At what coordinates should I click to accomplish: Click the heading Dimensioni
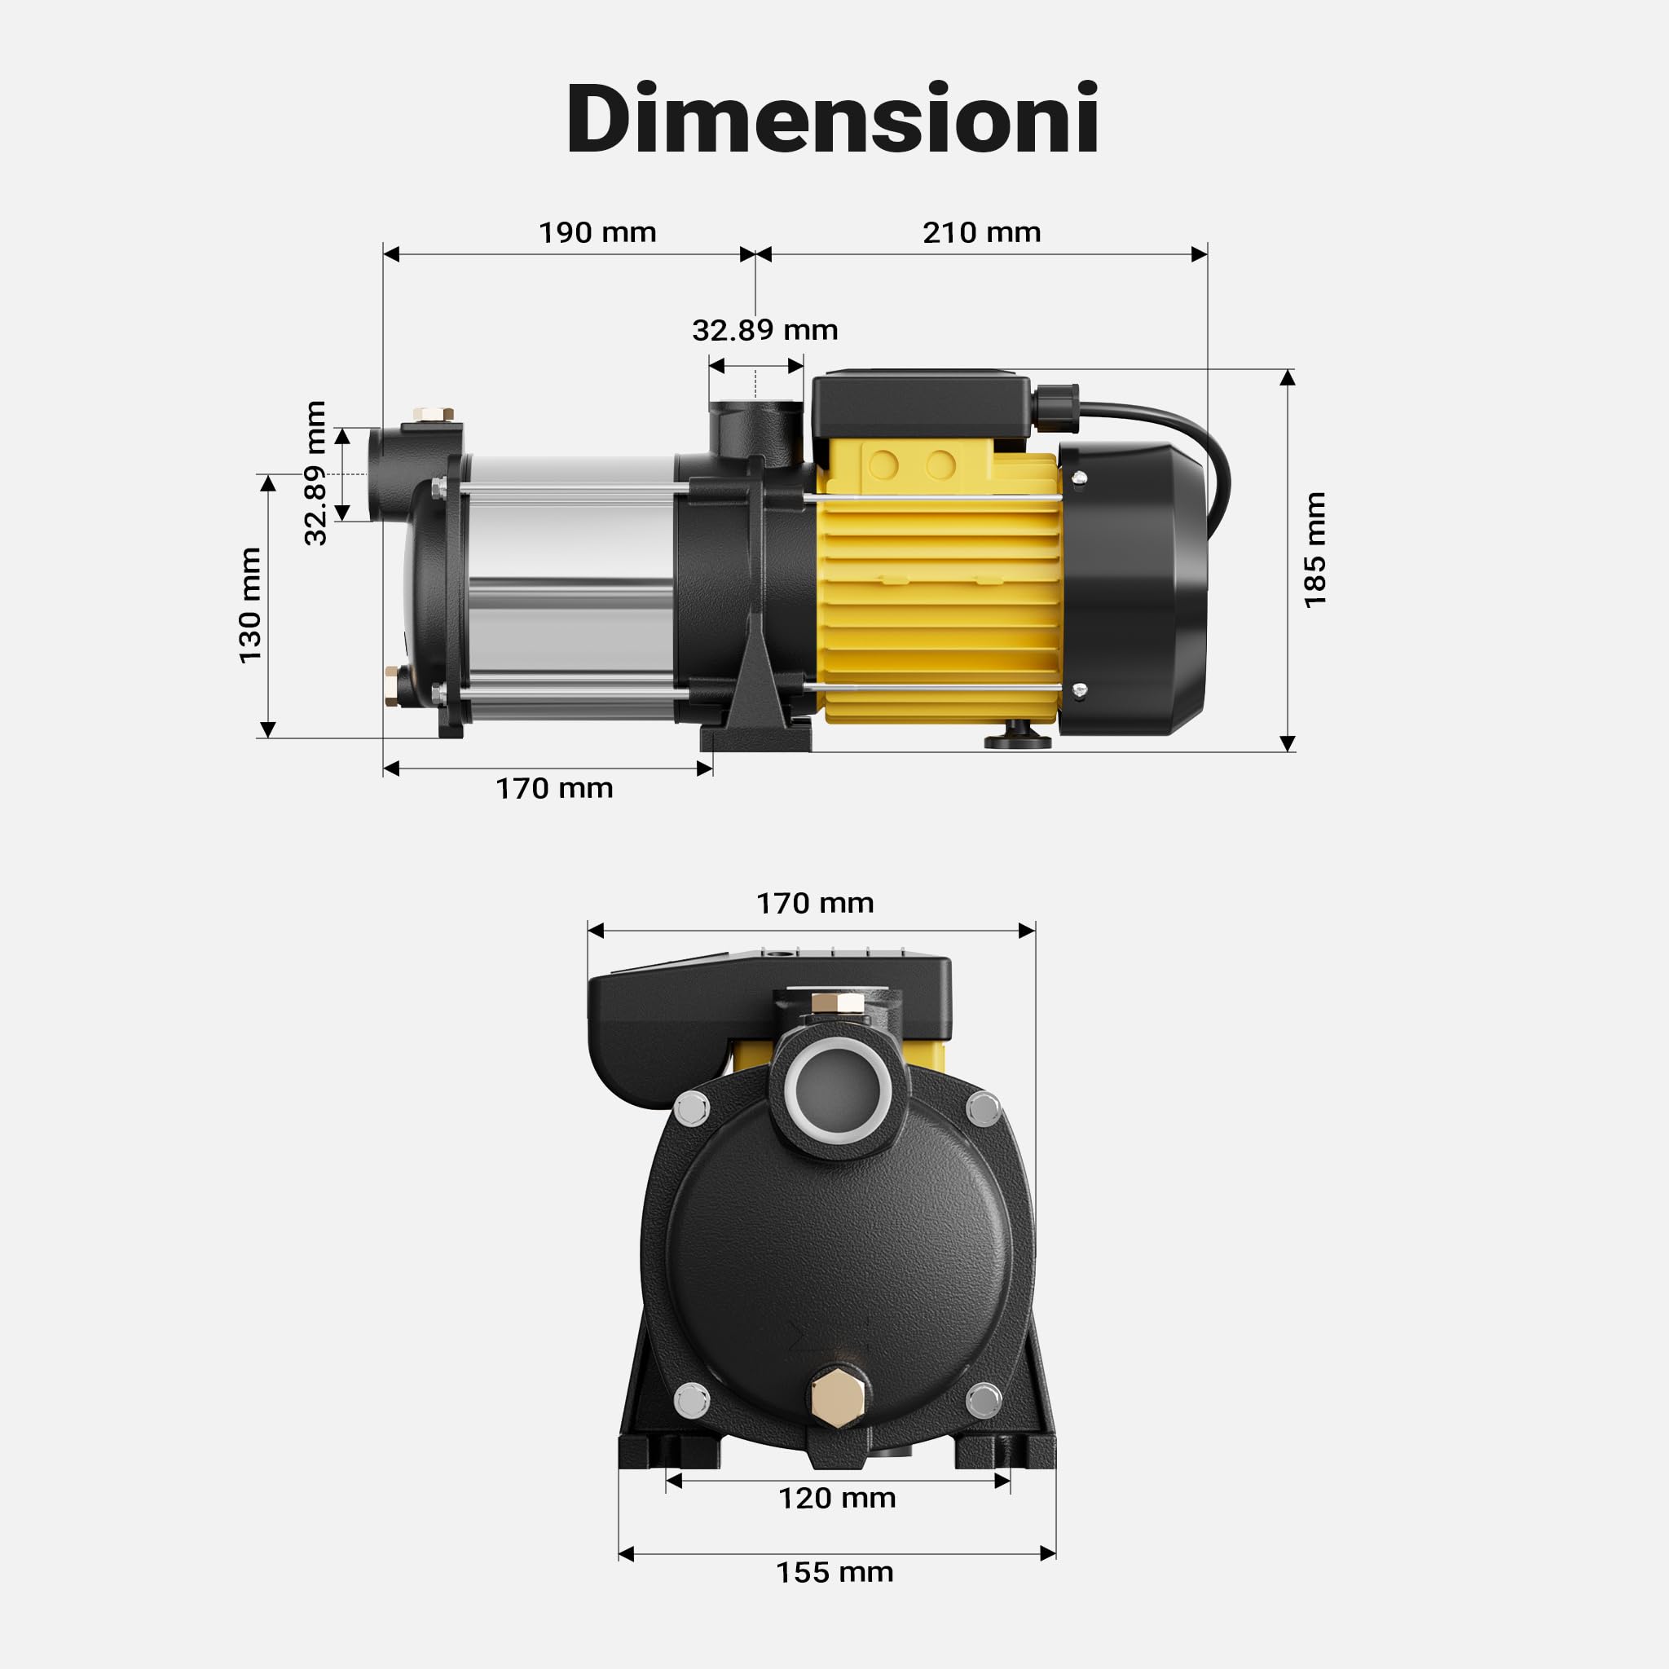tap(833, 117)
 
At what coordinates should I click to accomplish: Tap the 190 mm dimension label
tap(597, 232)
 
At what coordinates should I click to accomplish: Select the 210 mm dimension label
tap(981, 232)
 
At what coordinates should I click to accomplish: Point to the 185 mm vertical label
tap(1314, 550)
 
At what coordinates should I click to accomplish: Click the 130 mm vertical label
tap(249, 606)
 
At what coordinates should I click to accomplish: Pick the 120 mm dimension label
tap(837, 1498)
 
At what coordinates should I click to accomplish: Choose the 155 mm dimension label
tap(834, 1572)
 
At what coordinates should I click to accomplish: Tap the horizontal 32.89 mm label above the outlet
tap(764, 330)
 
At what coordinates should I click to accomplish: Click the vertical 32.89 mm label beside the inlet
tap(315, 473)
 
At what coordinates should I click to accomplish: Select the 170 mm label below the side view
tap(553, 788)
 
